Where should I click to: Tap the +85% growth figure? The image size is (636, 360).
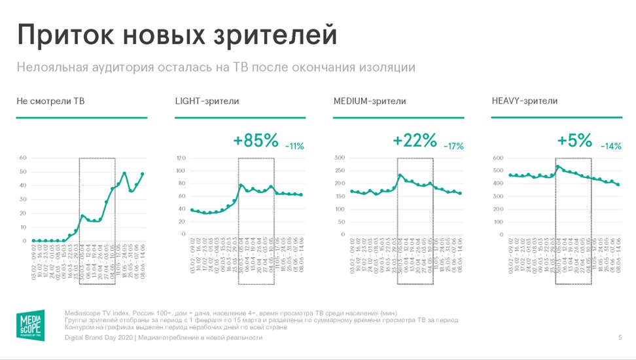coord(256,140)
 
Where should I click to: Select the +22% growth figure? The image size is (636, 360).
coord(414,140)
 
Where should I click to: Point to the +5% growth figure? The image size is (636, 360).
coord(574,140)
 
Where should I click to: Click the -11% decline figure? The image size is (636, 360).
coord(294,146)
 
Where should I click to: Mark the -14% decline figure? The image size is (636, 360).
coord(610,146)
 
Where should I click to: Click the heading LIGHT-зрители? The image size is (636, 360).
coord(207,101)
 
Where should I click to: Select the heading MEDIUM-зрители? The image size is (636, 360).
coord(369,101)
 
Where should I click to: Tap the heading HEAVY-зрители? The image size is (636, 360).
coord(524,101)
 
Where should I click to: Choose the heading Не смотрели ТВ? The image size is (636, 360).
coord(50,101)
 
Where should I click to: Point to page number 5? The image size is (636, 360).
coord(620,338)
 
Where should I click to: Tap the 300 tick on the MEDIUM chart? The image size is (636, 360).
coord(340,158)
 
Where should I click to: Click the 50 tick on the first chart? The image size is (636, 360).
coord(22,171)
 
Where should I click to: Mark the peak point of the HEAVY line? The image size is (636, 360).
coord(558,166)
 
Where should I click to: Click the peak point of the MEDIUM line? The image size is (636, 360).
coord(400,175)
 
